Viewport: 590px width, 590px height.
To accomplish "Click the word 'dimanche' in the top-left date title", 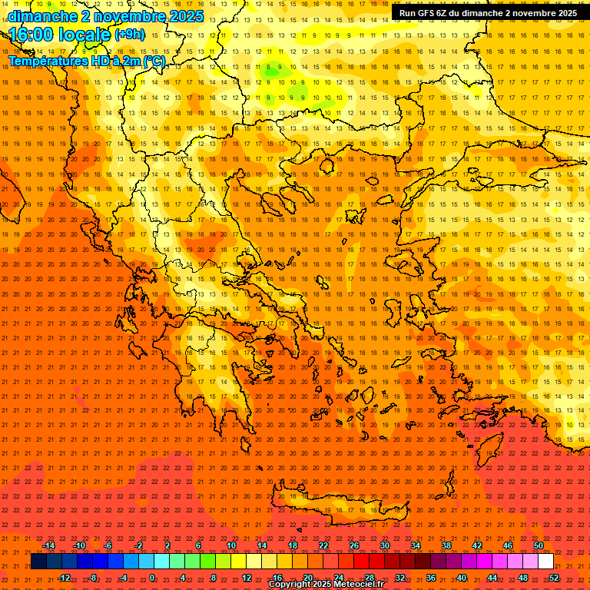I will pos(41,16).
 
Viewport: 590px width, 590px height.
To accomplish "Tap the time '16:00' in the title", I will pos(35,34).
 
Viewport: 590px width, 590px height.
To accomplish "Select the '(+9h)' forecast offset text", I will pos(128,34).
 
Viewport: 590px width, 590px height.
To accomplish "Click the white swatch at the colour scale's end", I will pos(545,562).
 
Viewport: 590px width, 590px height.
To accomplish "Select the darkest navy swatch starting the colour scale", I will pos(38,562).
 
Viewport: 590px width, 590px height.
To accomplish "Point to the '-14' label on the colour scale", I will pos(48,545).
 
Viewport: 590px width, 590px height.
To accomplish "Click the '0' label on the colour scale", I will pos(152,578).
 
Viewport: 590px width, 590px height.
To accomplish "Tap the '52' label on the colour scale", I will pos(555,578).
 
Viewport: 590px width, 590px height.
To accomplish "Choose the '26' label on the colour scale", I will pos(354,545).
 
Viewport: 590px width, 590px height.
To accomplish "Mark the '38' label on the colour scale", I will pos(446,545).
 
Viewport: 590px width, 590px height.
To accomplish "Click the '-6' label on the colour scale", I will pos(108,545).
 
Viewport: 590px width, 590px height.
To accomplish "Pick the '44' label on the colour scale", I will pos(492,578).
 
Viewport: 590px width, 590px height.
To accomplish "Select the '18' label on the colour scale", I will pos(293,545).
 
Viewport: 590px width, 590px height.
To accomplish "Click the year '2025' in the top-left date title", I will pos(187,16).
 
